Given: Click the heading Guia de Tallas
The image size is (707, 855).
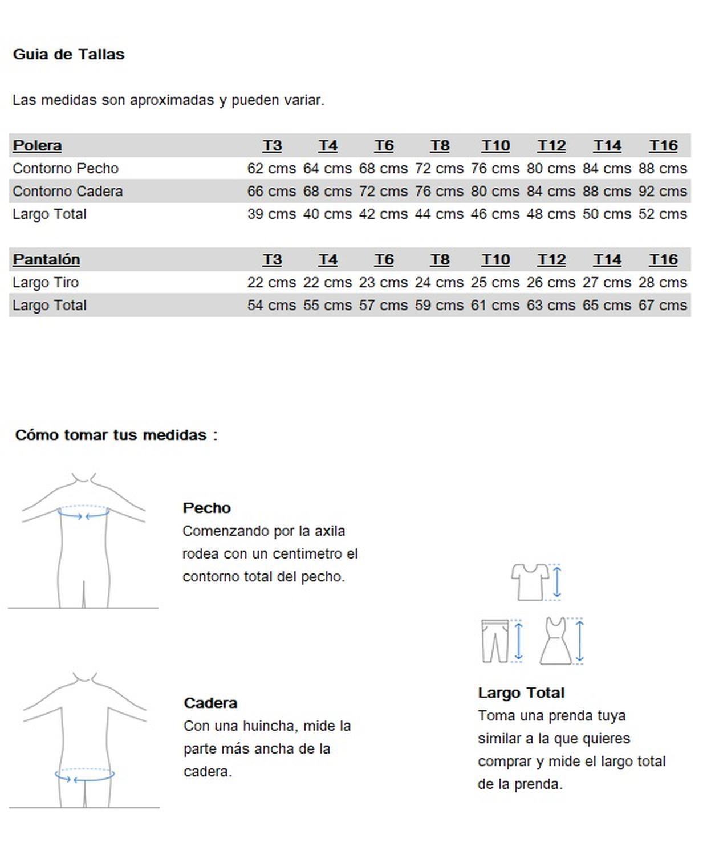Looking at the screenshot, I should (68, 55).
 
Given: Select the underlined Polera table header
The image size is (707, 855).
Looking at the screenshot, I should (37, 146).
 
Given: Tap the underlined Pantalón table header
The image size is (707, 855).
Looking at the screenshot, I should (46, 260).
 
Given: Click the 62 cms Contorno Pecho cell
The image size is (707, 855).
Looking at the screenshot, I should (271, 169).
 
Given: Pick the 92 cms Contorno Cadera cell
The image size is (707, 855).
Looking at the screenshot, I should (663, 192).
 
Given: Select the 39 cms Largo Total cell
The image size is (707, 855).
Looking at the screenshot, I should (271, 214).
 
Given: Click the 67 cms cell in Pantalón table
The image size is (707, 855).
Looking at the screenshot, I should (663, 306).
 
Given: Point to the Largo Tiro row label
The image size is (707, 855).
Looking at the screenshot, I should (46, 283).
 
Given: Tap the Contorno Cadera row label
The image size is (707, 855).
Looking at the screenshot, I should (67, 192).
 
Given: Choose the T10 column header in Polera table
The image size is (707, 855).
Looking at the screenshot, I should (495, 146).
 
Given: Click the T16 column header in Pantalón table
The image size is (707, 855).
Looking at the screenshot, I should (663, 260).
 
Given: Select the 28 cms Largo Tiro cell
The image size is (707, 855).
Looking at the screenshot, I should (663, 283).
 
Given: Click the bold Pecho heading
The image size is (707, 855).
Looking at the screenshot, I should (206, 508).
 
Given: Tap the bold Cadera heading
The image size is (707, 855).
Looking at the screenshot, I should (210, 703).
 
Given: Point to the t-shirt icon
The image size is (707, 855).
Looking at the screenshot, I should (530, 581).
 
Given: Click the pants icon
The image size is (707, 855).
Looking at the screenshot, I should (494, 641).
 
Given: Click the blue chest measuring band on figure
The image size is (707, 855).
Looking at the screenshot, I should (83, 514).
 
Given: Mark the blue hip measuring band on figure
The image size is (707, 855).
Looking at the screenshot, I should (84, 776).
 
